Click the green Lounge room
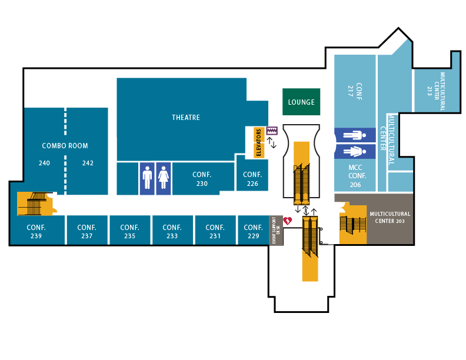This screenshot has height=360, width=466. pyautogui.click(x=301, y=102)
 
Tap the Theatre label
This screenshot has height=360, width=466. pyautogui.click(x=186, y=118)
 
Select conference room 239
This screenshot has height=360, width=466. pyautogui.click(x=36, y=231)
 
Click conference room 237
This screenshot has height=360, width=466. pyautogui.click(x=86, y=231)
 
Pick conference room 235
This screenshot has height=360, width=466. pyautogui.click(x=129, y=231)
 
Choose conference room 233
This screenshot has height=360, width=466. pyautogui.click(x=172, y=231)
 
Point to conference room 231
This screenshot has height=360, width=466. pyautogui.click(x=215, y=231)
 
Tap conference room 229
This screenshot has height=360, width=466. pyautogui.click(x=253, y=231)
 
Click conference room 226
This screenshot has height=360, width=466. pyautogui.click(x=252, y=178)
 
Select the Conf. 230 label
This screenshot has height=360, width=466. pyautogui.click(x=202, y=179)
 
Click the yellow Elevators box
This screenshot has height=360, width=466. pyautogui.click(x=259, y=142)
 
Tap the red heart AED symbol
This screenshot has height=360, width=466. pyautogui.click(x=288, y=221)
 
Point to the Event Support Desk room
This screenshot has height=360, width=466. pyautogui.click(x=276, y=230)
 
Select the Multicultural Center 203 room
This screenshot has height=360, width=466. pyautogui.click(x=390, y=218)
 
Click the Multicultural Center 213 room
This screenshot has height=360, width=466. pyautogui.click(x=436, y=90)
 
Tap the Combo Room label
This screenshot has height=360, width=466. pyautogui.click(x=65, y=146)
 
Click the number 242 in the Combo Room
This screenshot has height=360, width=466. pyautogui.click(x=88, y=163)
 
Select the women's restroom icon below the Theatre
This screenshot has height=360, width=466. pyautogui.click(x=164, y=178)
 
